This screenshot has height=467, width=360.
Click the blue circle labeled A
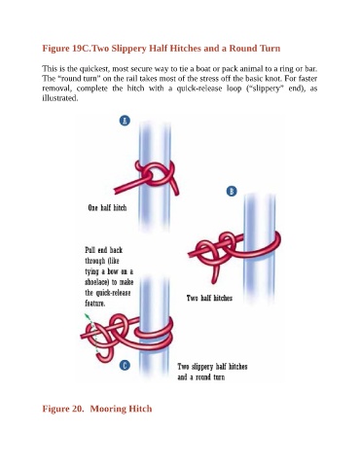[x=125, y=121]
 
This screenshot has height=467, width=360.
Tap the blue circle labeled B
[x=232, y=192]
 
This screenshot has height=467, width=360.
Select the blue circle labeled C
[x=125, y=366]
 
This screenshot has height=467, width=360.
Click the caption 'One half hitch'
[x=107, y=207]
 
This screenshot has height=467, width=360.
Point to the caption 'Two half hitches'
[x=209, y=298]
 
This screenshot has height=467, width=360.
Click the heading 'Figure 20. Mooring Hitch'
[x=97, y=409]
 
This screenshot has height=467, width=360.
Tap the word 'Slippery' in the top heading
[x=128, y=49]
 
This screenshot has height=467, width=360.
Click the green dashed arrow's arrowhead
[x=87, y=316]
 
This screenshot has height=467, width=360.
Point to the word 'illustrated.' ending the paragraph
[x=60, y=98]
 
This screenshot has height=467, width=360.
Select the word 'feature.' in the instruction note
[x=95, y=304]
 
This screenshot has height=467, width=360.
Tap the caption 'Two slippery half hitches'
[x=212, y=367]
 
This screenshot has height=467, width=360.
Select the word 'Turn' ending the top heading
[x=271, y=49]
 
